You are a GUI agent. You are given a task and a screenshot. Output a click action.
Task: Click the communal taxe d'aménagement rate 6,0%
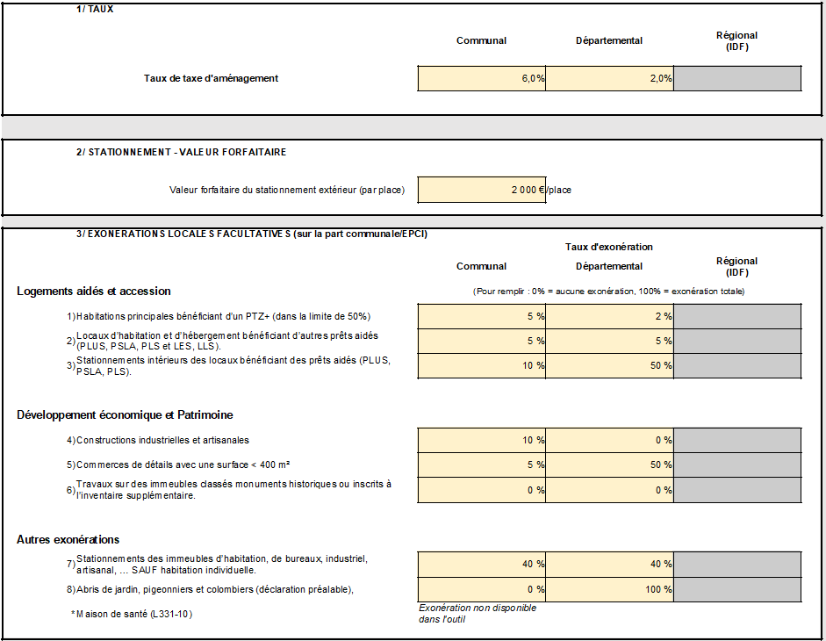[x=482, y=78]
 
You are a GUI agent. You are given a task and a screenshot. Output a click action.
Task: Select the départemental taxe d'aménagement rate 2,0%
[x=609, y=78]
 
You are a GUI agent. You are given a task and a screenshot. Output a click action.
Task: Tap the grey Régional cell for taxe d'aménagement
[x=737, y=78]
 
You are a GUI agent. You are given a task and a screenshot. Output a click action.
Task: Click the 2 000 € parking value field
[x=482, y=190]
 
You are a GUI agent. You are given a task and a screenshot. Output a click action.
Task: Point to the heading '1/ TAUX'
[x=95, y=9]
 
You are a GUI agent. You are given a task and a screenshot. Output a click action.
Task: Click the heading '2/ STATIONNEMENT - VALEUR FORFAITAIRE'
[x=181, y=152]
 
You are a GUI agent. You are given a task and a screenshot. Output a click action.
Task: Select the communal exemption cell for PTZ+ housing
[x=482, y=316]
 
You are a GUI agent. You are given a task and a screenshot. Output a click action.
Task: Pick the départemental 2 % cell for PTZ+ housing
[x=609, y=316]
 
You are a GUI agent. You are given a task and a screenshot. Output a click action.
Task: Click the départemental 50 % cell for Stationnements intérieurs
[x=609, y=365]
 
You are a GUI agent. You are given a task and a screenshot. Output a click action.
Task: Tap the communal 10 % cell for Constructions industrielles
[x=482, y=440]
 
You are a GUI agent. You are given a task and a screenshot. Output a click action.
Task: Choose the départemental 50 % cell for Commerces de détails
[x=609, y=465]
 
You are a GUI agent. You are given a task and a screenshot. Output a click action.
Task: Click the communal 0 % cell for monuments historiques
[x=482, y=490]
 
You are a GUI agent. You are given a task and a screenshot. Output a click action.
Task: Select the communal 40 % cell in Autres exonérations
[x=482, y=564]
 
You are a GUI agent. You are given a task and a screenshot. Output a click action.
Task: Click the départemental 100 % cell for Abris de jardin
[x=609, y=589]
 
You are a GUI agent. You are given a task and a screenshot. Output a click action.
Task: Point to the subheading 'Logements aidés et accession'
[x=94, y=291]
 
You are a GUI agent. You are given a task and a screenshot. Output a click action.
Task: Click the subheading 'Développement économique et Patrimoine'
[x=125, y=414]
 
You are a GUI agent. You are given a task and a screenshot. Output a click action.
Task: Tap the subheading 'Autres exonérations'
[x=68, y=539]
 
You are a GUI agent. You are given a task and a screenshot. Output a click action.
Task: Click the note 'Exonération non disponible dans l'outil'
[x=478, y=613]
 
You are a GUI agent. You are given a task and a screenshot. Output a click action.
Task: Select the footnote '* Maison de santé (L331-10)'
[x=132, y=614]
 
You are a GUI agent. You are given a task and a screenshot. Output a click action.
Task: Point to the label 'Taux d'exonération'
[x=609, y=247]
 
